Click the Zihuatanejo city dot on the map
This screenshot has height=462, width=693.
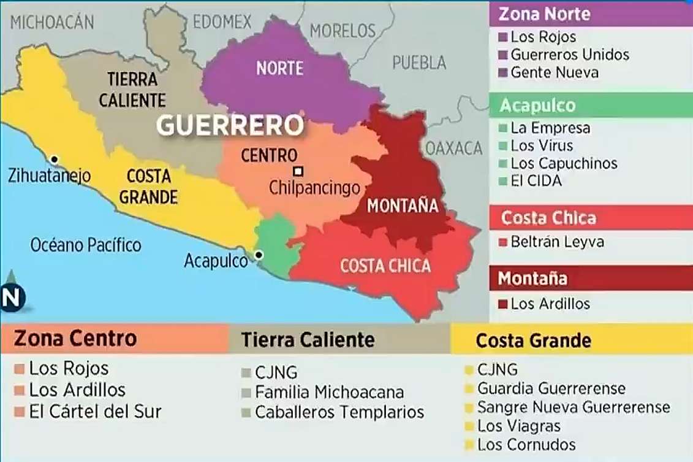coord(54,160)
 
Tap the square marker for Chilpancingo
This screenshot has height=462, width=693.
coord(298,171)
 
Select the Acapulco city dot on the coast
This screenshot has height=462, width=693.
coord(259,254)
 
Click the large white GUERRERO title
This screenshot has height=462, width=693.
coord(230,125)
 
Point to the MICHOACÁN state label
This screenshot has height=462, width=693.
coord(52,23)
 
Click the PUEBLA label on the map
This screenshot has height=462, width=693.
coord(419,62)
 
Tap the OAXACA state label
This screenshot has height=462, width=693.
coord(454,148)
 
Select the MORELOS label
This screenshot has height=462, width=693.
coord(343,31)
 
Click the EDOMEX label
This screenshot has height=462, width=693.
coord(222,22)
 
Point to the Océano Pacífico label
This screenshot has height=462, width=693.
coord(86,245)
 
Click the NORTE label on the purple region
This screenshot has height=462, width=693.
coord(280,68)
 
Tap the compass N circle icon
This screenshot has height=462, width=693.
coord(12,297)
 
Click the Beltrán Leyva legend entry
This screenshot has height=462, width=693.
coord(557,242)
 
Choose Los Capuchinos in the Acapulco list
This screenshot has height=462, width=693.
coord(564,164)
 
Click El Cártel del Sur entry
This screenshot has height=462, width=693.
coord(95,411)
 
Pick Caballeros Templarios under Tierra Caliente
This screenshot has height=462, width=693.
coord(339,412)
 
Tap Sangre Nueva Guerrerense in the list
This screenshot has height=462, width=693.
coord(573,407)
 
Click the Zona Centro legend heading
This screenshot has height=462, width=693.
coord(75,338)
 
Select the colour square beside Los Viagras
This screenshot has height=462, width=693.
coord(470,426)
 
